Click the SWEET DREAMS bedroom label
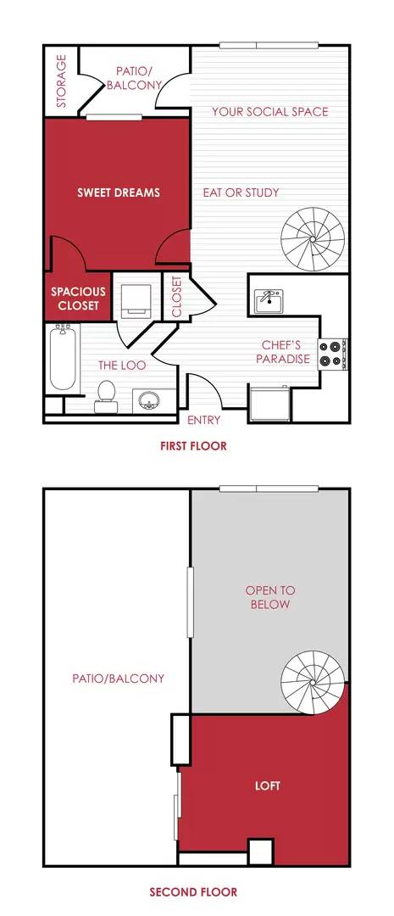pos(118,193)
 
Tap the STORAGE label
pos(61,81)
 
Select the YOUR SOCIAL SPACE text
pos(269,112)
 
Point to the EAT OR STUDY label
pos(241,193)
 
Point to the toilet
pos(107,394)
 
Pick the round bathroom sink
pos(151,399)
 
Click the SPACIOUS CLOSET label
pos(78,298)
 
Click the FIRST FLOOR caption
pos(194,446)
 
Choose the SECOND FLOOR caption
pos(193,891)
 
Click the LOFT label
pos(268,786)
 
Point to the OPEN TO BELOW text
pos(268,597)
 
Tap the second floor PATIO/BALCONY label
pos(118,679)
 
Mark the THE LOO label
pos(123,366)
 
